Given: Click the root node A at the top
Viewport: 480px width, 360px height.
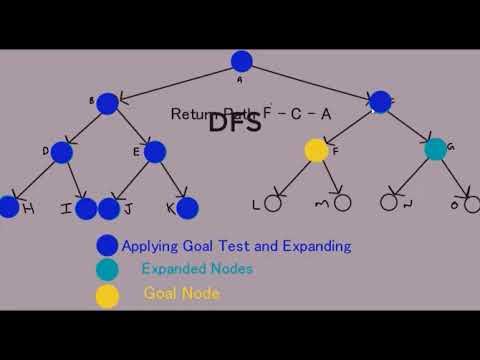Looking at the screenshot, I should coord(241,61).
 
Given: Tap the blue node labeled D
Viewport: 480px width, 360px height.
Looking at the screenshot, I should coord(61,152).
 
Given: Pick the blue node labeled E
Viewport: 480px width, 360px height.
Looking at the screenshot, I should coord(154,152).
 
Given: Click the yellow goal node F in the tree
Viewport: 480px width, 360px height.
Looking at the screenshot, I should coord(316,151).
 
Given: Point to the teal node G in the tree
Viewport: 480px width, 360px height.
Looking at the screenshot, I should coord(435,150).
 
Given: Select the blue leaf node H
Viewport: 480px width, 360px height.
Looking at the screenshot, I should coord(8,207).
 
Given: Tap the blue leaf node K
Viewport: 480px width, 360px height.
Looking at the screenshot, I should coord(187,208).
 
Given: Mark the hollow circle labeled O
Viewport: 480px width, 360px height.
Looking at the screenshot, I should coord(470,204).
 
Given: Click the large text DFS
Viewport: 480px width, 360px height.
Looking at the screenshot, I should coord(235,124).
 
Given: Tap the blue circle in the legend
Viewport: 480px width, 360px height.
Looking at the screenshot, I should coord(108,245).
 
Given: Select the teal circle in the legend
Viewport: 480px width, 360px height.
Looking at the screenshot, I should coord(108,270).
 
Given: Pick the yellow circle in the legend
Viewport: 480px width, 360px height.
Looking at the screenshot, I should coord(108,295).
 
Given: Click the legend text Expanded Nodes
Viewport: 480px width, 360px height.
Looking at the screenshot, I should coord(197,269).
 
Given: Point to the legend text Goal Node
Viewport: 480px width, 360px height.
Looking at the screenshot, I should coord(181,294).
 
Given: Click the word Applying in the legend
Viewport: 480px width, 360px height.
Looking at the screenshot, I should coord(149,245).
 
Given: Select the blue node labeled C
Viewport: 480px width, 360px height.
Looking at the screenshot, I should coord(379,101).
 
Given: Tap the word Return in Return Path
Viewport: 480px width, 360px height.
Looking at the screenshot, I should coord(192,114).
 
